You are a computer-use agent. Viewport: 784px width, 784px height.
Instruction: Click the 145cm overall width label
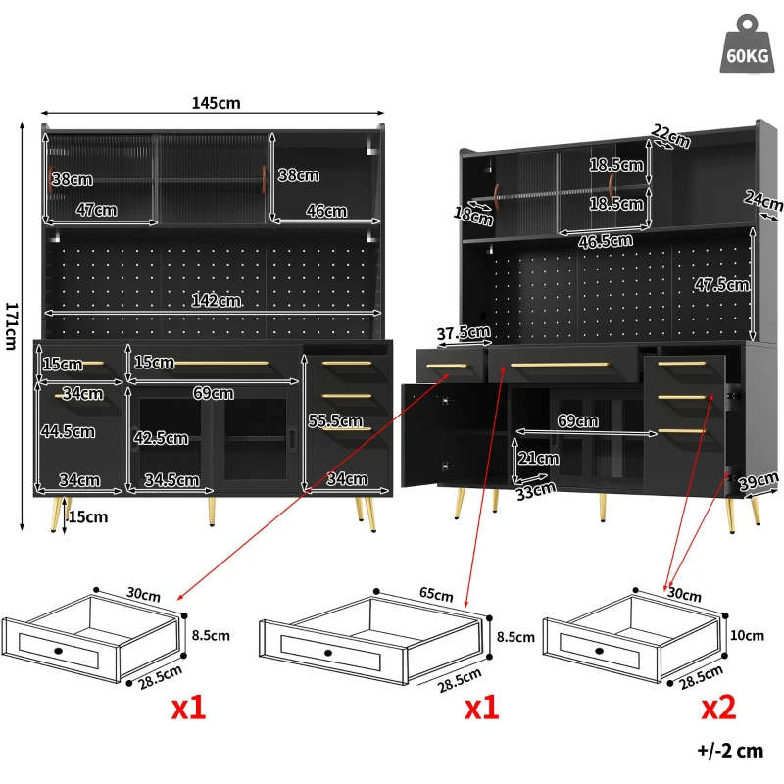tap(217, 103)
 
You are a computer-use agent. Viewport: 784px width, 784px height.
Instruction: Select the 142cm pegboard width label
tap(215, 301)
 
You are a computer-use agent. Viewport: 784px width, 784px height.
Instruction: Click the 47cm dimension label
tap(96, 210)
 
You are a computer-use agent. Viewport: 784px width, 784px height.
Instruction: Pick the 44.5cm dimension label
tap(68, 431)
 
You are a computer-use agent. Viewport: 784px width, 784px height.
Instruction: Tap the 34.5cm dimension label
tap(172, 480)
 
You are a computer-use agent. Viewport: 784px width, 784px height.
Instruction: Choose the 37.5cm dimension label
tap(464, 333)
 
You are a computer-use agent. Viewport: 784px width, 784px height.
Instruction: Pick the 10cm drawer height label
tap(747, 635)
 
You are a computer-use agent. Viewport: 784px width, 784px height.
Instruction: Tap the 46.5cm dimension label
tap(606, 239)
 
